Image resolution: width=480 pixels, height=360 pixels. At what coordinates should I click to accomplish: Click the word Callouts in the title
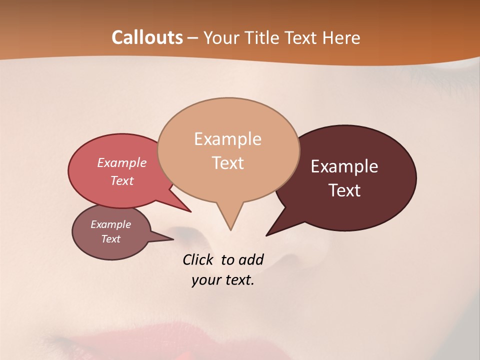click(147, 37)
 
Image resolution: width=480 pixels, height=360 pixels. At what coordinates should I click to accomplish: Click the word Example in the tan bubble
click(227, 139)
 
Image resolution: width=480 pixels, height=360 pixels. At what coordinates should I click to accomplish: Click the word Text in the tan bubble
click(227, 163)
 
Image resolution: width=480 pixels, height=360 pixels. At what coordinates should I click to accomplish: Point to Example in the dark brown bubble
click(344, 166)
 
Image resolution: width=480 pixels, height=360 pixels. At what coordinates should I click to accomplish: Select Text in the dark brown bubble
click(344, 190)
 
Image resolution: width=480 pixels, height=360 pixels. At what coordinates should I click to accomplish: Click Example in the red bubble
click(122, 162)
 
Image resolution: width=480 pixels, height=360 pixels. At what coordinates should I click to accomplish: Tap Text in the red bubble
click(122, 180)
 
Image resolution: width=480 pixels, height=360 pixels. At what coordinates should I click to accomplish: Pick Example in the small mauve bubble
click(110, 224)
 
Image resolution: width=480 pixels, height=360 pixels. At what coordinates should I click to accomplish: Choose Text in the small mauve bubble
click(110, 239)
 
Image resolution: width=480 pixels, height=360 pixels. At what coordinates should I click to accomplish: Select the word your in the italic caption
click(203, 280)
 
